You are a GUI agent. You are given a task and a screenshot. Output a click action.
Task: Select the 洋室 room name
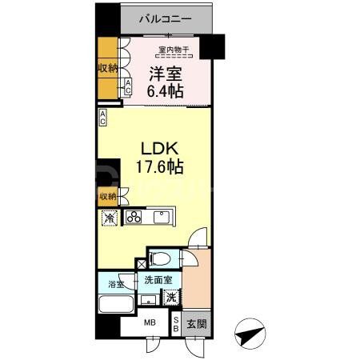pyautogui.click(x=166, y=75)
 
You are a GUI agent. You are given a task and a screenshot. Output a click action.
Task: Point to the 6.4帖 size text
pyautogui.click(x=166, y=92)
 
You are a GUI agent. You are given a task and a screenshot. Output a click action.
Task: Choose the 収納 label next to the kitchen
pyautogui.click(x=107, y=197)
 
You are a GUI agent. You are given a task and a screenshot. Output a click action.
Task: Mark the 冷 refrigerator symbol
pyautogui.click(x=107, y=218)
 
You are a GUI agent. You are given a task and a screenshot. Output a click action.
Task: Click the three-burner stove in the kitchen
pyautogui.click(x=133, y=217)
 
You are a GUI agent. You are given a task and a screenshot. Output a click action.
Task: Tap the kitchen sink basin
pyautogui.click(x=163, y=217)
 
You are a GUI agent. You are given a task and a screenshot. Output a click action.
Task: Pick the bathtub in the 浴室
pyautogui.click(x=115, y=306)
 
